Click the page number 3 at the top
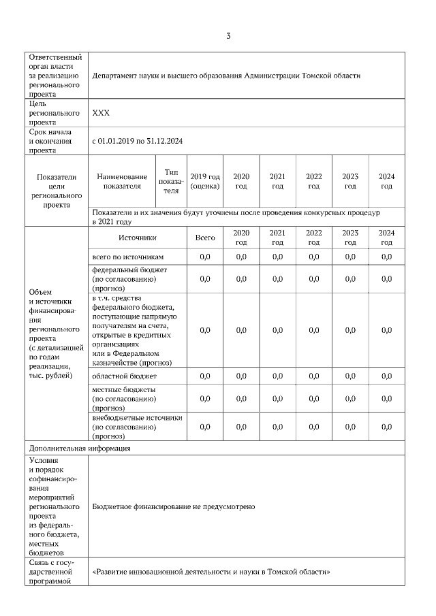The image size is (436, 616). coord(228,36)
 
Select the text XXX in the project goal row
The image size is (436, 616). coord(101,113)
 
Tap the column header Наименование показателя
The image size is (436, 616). coord(122,181)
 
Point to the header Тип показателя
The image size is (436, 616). coord(171,181)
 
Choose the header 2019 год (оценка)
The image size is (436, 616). coord(205,181)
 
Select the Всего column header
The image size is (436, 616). coord(205,238)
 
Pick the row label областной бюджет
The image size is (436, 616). coord(124,376)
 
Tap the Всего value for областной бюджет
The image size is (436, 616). coord(205,376)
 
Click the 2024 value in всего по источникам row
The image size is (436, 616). coord(386,257)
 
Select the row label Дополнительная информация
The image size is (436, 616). coord(79,449)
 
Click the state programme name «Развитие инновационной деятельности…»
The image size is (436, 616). coord(211,572)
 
